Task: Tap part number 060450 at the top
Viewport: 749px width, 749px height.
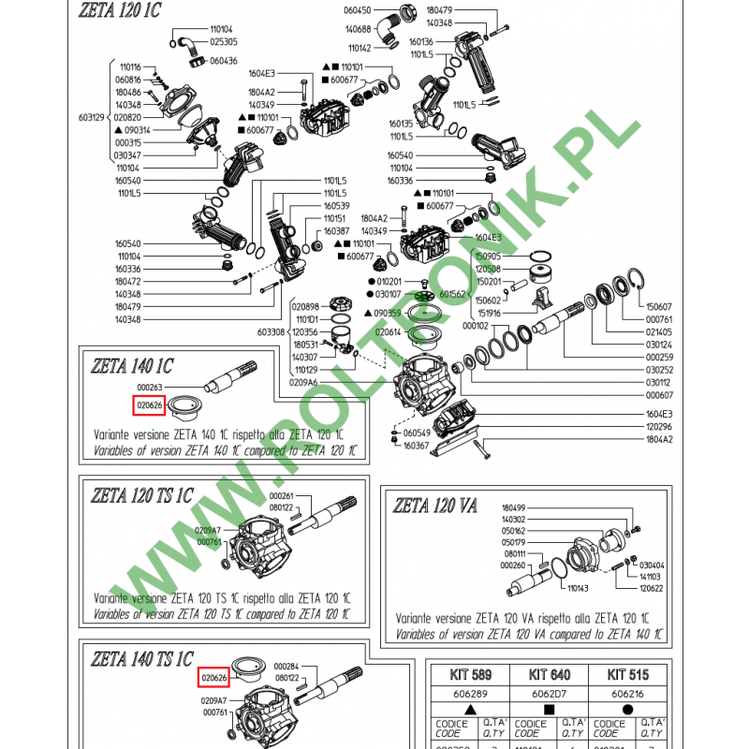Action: point(359,9)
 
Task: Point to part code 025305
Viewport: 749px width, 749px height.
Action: point(223,42)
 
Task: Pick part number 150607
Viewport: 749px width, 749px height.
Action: point(659,306)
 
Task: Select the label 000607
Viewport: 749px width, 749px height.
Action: point(659,395)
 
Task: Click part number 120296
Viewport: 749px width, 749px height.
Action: point(659,426)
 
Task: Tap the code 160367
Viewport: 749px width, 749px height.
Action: point(416,446)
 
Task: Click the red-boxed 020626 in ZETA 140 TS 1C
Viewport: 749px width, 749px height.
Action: point(214,677)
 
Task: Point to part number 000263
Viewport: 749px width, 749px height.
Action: point(150,387)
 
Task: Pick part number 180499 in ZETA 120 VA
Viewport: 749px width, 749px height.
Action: point(515,507)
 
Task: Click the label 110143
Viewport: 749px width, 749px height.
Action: point(578,589)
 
